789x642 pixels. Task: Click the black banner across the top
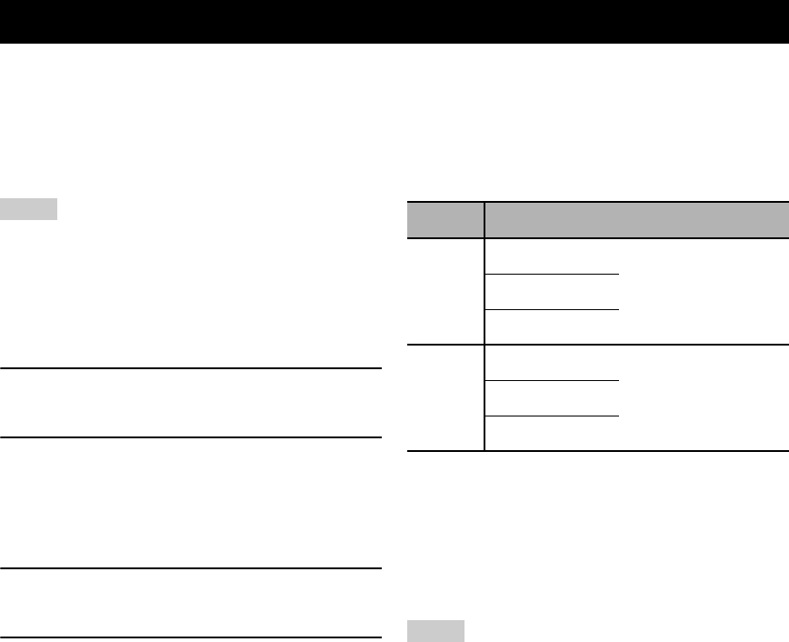[x=394, y=22]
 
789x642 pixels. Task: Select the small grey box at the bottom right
[x=435, y=631]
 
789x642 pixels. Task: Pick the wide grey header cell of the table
[x=636, y=220]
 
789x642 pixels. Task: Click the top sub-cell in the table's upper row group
[x=552, y=256]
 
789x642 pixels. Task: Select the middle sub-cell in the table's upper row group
[x=552, y=292]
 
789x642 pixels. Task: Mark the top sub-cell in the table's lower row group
[x=552, y=363]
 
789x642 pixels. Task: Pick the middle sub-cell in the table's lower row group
[x=552, y=398]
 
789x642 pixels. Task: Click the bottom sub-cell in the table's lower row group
[x=552, y=434]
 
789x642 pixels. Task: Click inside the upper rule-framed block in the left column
[x=189, y=403]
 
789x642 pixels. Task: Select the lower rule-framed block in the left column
[x=189, y=603]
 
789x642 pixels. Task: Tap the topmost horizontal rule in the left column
[x=189, y=368]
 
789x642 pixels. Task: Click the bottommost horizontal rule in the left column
[x=189, y=637]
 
